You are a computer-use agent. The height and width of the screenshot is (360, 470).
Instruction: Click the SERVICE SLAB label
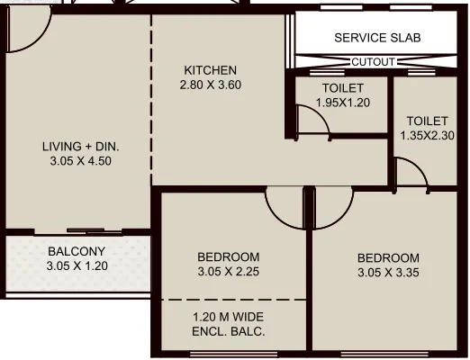[377, 38]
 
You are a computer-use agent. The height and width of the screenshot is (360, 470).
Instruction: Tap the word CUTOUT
[373, 62]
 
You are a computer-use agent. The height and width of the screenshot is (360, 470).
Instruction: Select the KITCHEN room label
[211, 70]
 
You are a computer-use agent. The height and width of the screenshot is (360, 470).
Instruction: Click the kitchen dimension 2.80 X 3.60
[211, 85]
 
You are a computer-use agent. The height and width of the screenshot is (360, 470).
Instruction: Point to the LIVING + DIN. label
[81, 147]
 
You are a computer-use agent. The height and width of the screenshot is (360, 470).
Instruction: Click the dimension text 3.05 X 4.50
[81, 162]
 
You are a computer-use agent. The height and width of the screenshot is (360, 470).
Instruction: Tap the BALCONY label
[77, 251]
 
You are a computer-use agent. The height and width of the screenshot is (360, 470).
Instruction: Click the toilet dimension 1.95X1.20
[342, 103]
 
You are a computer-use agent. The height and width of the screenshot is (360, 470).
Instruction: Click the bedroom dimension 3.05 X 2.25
[229, 271]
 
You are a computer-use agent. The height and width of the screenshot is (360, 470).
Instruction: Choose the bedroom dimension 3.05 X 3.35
[388, 271]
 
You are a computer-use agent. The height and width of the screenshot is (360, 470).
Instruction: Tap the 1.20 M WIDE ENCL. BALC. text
[229, 323]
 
